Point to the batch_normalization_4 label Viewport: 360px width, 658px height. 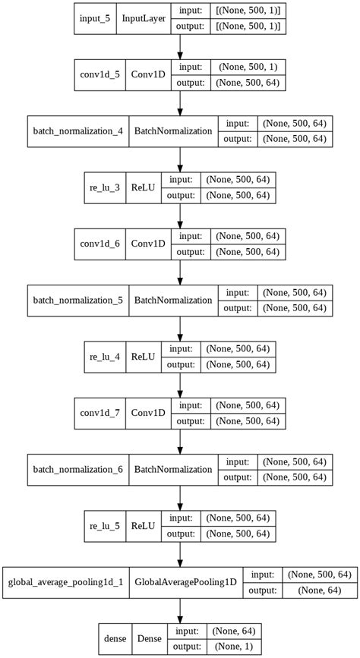[77, 131]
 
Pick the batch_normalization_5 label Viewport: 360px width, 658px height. [77, 300]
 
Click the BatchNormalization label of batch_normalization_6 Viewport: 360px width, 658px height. [173, 468]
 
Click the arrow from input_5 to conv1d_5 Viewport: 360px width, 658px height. [180, 46]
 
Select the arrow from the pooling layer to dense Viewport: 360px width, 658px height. [180, 609]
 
